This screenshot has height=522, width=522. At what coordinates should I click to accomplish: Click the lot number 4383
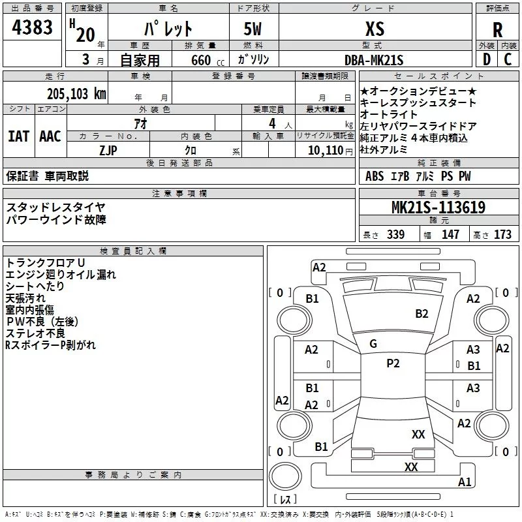tap(32, 27)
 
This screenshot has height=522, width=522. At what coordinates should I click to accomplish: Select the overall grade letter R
tap(497, 29)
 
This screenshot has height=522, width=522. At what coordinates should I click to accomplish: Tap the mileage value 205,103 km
tap(76, 94)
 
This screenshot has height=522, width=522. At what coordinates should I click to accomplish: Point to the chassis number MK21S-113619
tap(438, 207)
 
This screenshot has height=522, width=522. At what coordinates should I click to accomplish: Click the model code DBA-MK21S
tap(374, 60)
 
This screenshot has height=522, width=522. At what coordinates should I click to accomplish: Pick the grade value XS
tap(375, 29)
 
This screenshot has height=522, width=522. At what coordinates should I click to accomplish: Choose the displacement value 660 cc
tap(207, 60)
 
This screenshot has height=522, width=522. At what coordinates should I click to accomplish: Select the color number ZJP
tap(108, 150)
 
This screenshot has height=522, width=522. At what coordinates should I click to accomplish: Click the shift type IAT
tap(18, 136)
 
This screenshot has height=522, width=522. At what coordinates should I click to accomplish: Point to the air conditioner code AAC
tap(50, 136)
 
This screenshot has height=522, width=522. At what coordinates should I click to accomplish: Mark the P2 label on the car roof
tap(393, 363)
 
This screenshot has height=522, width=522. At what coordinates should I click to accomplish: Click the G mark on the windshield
tap(373, 343)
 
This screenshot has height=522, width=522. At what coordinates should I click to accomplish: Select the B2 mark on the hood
tap(422, 313)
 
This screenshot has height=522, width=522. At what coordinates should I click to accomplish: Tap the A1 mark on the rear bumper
tap(465, 482)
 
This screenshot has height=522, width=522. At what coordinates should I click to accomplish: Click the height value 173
tap(502, 234)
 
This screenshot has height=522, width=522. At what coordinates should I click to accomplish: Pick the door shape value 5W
tap(253, 29)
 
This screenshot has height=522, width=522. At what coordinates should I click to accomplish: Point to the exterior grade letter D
tap(487, 59)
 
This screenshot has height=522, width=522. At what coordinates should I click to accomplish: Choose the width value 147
tap(450, 234)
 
